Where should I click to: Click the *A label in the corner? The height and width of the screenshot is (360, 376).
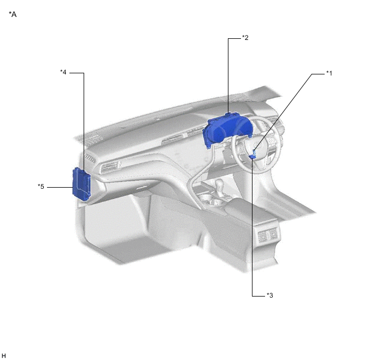(13, 14)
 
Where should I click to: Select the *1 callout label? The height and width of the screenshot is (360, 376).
(329, 73)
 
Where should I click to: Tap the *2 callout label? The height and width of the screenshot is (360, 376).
(245, 38)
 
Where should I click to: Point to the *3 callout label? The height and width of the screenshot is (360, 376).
(270, 295)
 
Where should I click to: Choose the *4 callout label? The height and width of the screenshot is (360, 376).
(63, 72)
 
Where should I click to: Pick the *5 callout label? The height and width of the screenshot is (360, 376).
(41, 187)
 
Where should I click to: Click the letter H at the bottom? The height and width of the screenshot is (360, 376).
(4, 356)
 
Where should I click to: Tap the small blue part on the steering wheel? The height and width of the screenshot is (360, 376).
(252, 155)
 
